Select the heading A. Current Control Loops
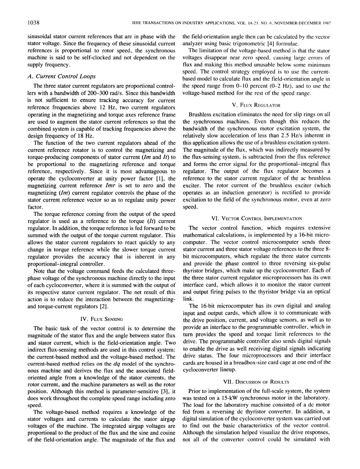pos(61,76)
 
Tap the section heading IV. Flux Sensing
pos(101,319)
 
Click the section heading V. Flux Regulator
pos(256,105)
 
